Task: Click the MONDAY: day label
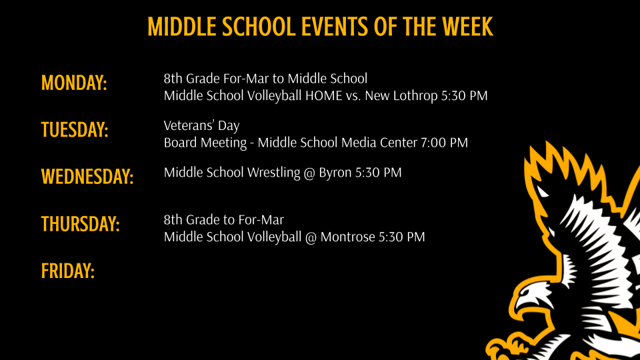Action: (74, 83)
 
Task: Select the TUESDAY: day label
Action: (75, 129)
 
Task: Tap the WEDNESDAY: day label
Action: (87, 177)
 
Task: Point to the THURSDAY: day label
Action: (81, 224)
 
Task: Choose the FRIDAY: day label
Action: (68, 271)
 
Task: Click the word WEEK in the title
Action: (466, 27)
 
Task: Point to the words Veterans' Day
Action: (201, 126)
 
